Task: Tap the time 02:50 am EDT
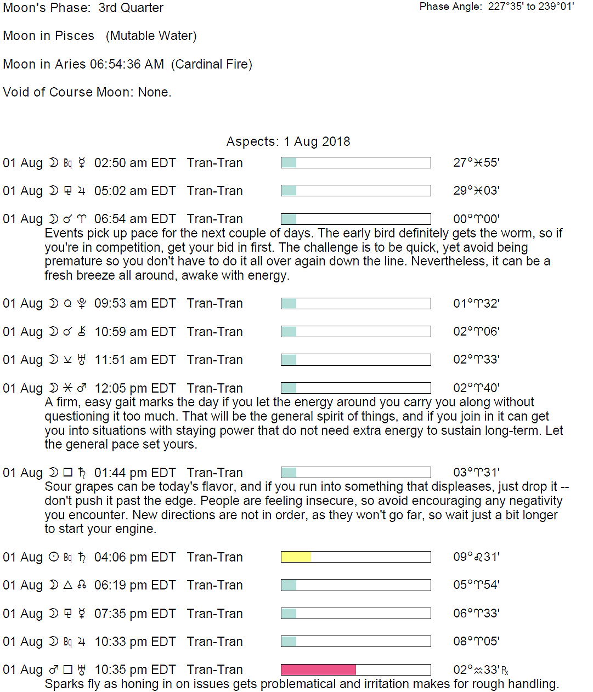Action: (135, 163)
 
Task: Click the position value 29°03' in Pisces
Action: (476, 191)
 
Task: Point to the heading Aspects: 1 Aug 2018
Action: (288, 141)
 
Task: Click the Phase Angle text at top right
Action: (496, 7)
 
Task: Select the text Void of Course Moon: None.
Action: (87, 92)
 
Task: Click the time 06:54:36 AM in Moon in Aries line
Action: (127, 64)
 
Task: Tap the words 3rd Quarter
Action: (131, 8)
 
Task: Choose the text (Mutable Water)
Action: (151, 36)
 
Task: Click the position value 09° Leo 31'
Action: (476, 557)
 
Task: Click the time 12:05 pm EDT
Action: (135, 388)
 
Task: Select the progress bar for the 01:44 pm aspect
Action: (355, 473)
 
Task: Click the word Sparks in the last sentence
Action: (62, 684)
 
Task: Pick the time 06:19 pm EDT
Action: (135, 585)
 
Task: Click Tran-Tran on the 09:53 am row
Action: (214, 303)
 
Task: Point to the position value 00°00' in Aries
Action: (476, 219)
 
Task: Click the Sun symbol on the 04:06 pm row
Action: (54, 557)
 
